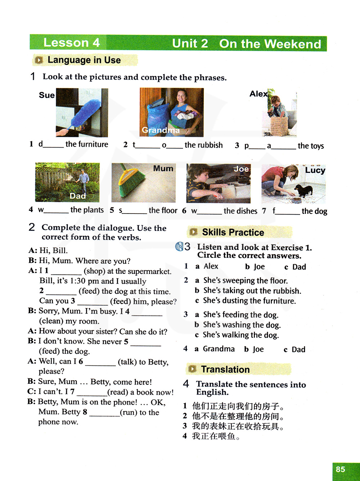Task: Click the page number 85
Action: point(340,469)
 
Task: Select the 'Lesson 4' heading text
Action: point(71,42)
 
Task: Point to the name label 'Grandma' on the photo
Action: point(161,130)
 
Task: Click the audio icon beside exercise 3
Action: point(179,246)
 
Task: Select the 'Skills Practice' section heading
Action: point(233,232)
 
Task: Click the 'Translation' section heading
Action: point(225,369)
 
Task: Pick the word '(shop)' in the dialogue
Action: point(94,271)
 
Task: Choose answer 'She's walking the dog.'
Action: point(240,335)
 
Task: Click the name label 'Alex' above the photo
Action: point(258,94)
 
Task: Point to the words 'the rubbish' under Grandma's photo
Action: point(203,145)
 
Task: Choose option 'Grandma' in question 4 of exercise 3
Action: point(219,349)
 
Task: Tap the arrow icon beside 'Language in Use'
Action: point(39,60)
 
